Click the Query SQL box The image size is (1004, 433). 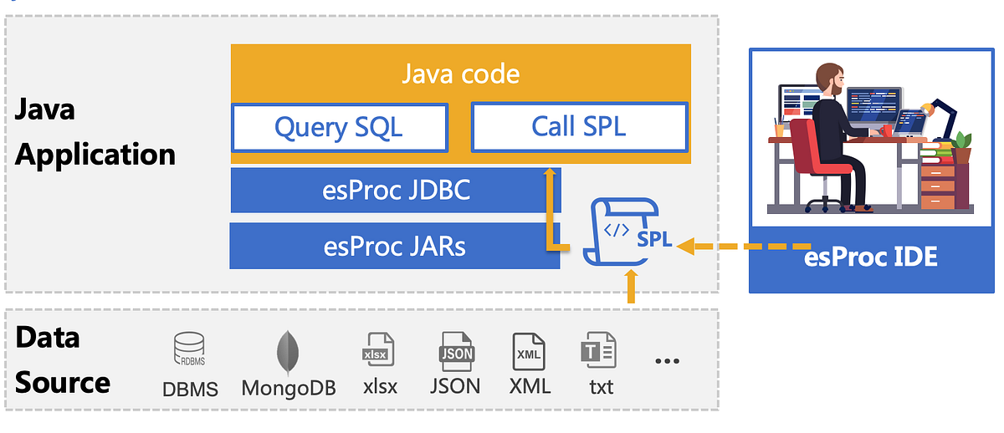[x=339, y=128]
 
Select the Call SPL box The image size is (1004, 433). [x=579, y=127]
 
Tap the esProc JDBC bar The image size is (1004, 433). [x=396, y=190]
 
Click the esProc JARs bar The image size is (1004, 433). [x=395, y=246]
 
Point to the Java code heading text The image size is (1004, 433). [x=460, y=74]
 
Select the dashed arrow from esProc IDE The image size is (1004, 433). [x=745, y=246]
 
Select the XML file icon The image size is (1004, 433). [x=529, y=351]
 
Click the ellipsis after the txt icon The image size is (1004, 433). [x=667, y=362]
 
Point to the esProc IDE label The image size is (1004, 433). [x=871, y=257]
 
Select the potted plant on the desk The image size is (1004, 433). [x=962, y=147]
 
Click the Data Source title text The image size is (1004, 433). [x=63, y=360]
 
